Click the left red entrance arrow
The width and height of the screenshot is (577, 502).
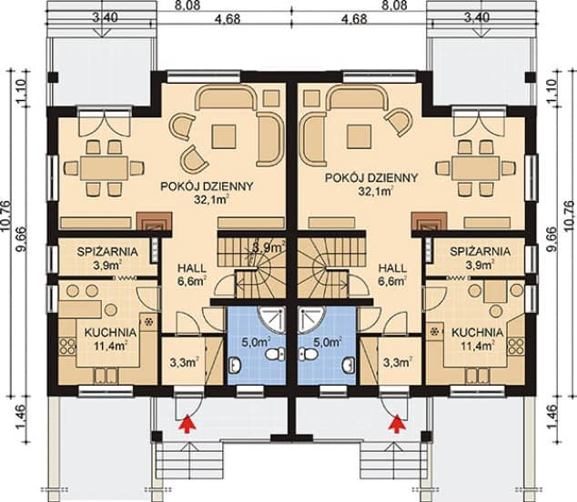coord(187,422)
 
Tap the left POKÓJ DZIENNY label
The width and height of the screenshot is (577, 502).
coord(207,186)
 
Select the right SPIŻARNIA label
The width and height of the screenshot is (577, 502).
coord(481,252)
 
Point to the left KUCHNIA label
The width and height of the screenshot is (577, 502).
coord(110,333)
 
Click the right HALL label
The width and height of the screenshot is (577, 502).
coord(393,267)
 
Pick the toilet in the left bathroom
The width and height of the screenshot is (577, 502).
coord(273,354)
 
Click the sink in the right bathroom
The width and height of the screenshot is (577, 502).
coord(349,365)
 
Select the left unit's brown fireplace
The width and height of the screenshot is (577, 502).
coord(154,221)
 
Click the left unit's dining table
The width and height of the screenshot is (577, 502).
coord(105,167)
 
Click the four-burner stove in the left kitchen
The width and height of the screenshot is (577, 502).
coord(67,346)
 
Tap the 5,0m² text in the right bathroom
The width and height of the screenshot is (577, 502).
coord(328,342)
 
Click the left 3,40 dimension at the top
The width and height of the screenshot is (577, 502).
coord(105,17)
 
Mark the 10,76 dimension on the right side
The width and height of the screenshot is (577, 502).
coord(569,217)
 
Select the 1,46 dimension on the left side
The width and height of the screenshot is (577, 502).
coord(21,417)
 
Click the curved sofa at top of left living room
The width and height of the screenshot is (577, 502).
coord(227,97)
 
